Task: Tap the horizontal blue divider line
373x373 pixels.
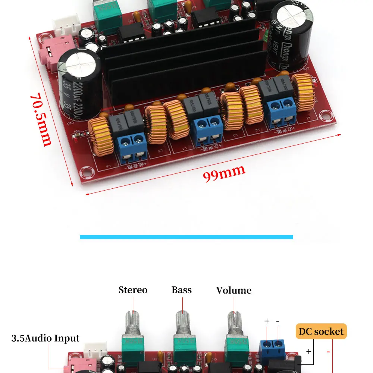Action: click(186, 237)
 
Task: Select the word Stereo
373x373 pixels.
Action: click(133, 290)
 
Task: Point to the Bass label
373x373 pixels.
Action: click(182, 290)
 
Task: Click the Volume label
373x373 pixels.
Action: click(234, 290)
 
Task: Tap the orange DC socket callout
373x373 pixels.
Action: click(321, 331)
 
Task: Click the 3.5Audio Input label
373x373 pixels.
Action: click(46, 338)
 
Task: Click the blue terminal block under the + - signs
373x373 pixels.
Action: click(272, 346)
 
